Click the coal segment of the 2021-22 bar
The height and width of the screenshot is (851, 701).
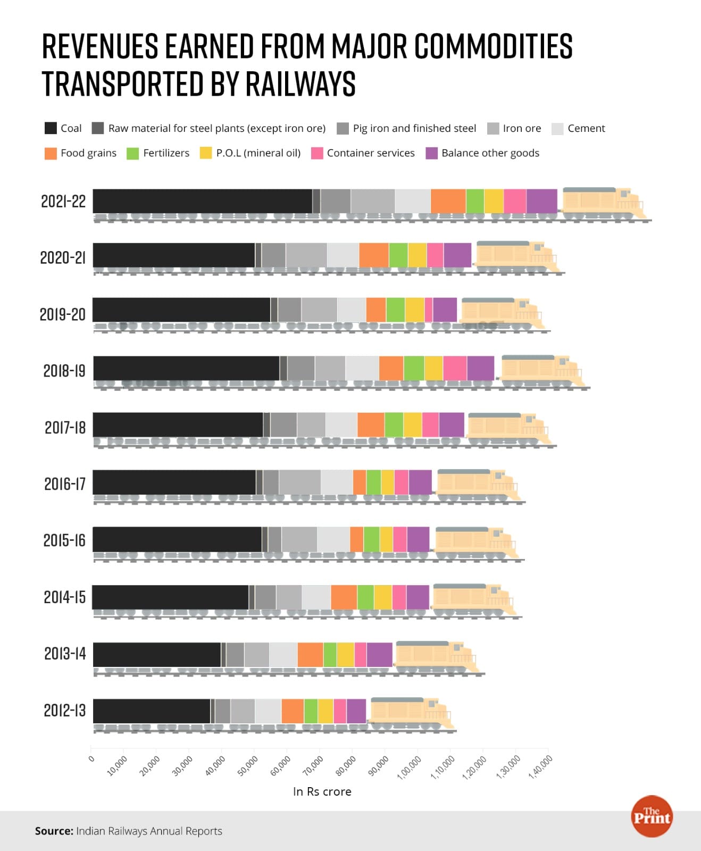(202, 201)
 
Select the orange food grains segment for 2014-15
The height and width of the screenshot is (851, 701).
(344, 597)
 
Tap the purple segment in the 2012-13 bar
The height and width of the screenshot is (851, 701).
(356, 711)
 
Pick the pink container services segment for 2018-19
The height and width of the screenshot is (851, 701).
(455, 368)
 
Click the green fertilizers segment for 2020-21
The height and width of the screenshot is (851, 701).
(398, 255)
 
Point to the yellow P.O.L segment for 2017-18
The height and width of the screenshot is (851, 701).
(412, 424)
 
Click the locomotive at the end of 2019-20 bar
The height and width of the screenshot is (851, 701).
(500, 314)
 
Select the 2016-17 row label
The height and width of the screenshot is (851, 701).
(64, 484)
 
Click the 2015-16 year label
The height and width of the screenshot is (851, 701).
(64, 540)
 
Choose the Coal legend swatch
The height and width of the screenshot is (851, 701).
(51, 128)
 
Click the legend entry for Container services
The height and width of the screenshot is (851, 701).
(370, 153)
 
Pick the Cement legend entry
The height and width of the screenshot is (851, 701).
(586, 128)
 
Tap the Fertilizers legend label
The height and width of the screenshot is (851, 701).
(166, 153)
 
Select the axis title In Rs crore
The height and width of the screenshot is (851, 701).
(322, 791)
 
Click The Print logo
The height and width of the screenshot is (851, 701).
(652, 816)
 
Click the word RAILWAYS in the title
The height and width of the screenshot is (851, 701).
(301, 84)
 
